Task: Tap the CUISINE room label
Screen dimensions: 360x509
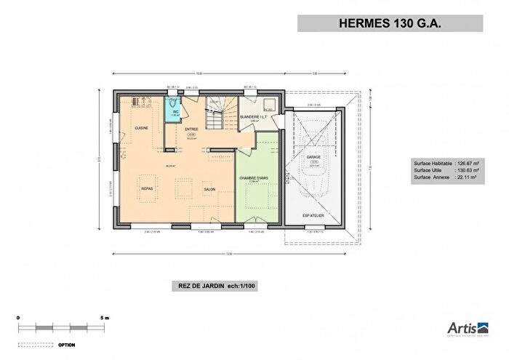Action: click(142, 128)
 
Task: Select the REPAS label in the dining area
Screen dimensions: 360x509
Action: click(146, 188)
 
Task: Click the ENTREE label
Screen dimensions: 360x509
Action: click(191, 129)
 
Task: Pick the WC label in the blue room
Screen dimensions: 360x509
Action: click(175, 112)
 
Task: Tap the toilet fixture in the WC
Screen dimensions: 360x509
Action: click(172, 103)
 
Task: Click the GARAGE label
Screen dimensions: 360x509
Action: click(313, 156)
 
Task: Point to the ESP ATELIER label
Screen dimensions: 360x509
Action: click(313, 215)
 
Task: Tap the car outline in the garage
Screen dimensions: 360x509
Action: click(313, 145)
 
